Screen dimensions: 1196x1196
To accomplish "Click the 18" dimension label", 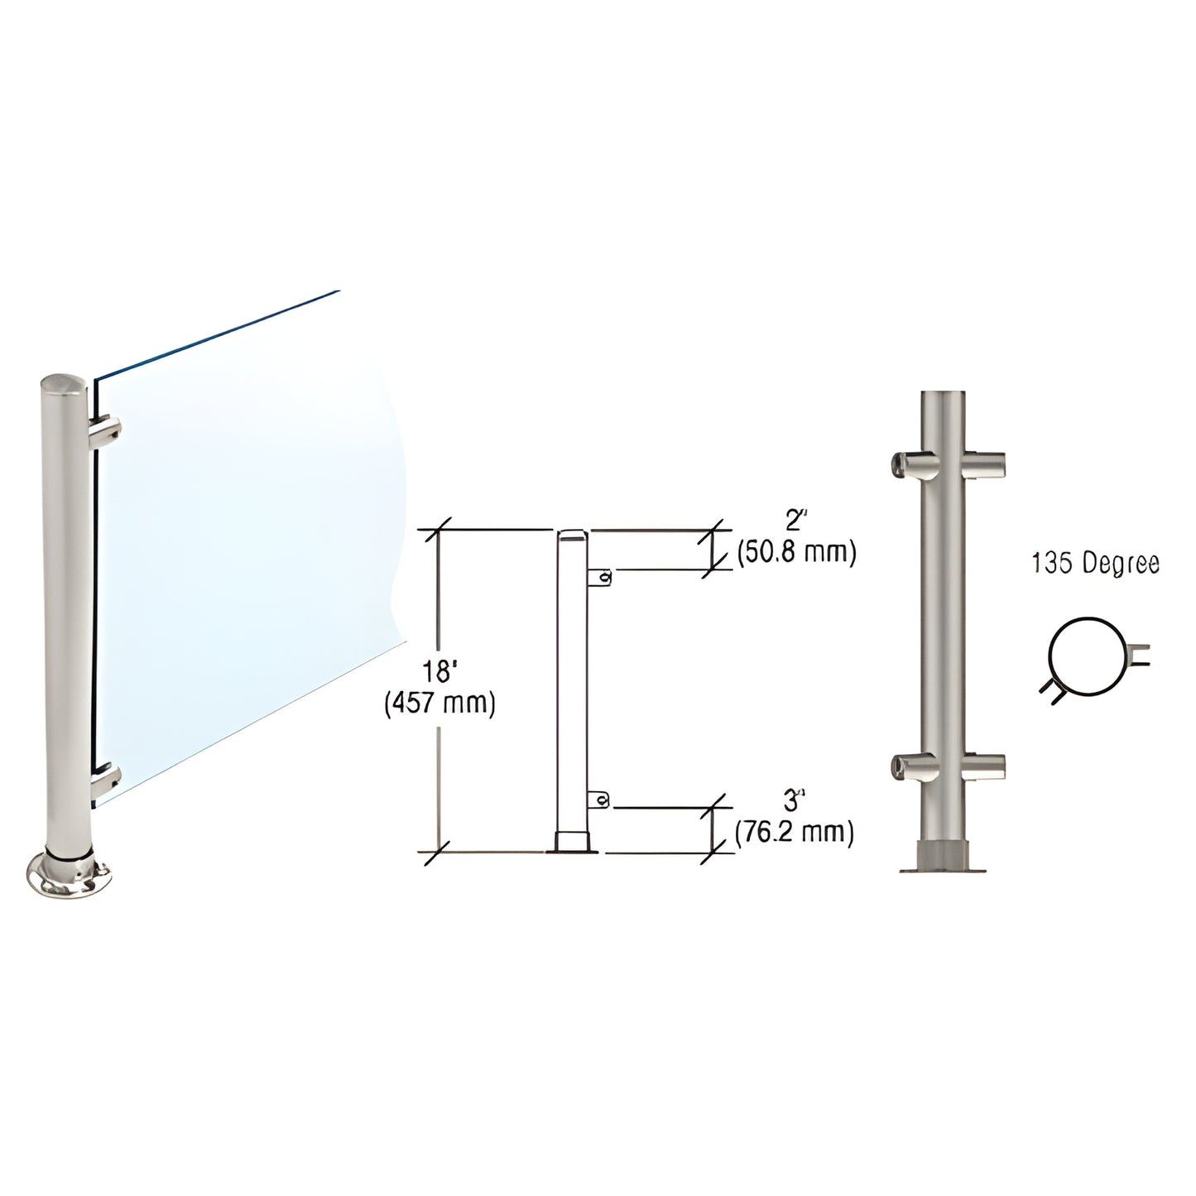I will [439, 675].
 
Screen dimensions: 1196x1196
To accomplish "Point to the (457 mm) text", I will [439, 704].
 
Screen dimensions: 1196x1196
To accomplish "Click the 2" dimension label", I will [795, 521].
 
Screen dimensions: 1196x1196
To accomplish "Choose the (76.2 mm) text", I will [795, 831].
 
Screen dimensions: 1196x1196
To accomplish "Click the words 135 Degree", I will [1094, 564].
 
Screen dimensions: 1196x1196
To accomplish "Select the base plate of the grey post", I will [944, 867].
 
